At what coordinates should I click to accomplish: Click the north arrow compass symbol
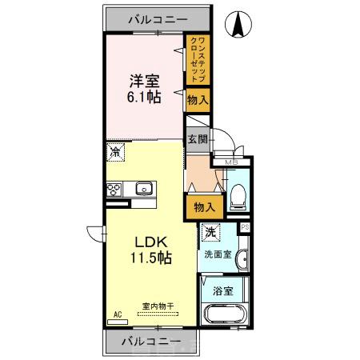238,26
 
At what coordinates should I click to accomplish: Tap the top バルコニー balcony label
154,17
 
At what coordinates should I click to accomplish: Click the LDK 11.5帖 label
150,249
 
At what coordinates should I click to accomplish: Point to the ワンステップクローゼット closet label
198,59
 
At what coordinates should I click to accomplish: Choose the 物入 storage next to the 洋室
198,101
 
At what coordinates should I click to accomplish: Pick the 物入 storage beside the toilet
204,207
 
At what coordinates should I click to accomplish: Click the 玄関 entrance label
197,139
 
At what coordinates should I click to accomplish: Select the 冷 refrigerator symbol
117,151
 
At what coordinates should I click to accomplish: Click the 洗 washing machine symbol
209,234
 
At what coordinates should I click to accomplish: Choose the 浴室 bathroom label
223,291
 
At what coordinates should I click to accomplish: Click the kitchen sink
144,190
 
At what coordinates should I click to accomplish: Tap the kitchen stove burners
114,190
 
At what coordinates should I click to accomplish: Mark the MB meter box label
231,163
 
